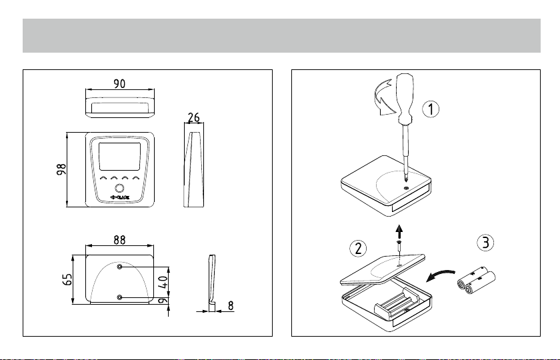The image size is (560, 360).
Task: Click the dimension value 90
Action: (120, 84)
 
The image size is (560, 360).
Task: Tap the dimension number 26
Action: (194, 117)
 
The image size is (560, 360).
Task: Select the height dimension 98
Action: (60, 171)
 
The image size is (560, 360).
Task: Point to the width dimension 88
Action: (120, 238)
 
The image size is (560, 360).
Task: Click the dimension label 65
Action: (67, 279)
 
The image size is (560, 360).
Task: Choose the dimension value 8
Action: (231, 306)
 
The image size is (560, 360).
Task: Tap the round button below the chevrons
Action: (120, 188)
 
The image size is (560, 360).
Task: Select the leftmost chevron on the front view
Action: (104, 179)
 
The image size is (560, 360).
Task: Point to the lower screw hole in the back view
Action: (119, 297)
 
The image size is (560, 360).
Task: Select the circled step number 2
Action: (358, 249)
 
